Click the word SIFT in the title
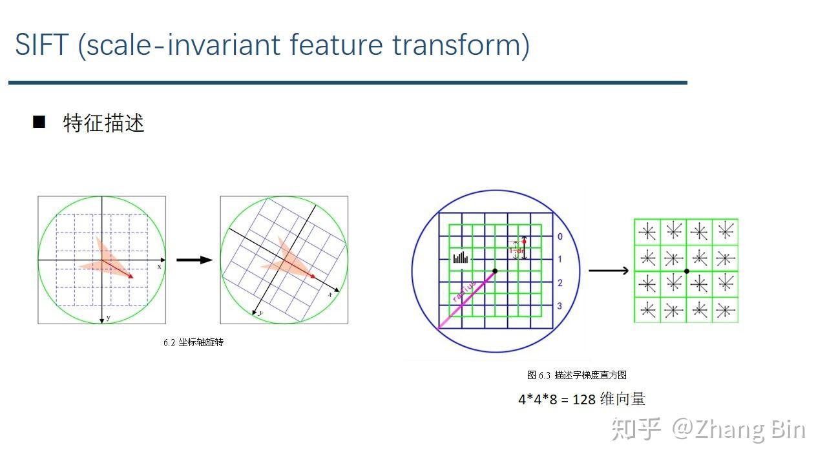click(41, 45)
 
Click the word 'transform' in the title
click(461, 45)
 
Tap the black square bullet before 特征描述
click(39, 121)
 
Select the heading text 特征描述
click(103, 123)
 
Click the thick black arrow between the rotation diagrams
click(194, 260)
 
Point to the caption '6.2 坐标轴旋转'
click(193, 342)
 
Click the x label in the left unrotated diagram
click(159, 266)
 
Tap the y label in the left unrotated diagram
click(108, 317)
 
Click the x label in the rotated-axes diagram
click(330, 294)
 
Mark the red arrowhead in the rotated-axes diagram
click(313, 276)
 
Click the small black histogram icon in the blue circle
click(460, 258)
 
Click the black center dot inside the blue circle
click(495, 271)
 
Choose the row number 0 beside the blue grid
click(560, 236)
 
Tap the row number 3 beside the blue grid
click(560, 305)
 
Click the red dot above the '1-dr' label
click(524, 242)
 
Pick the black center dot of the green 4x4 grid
click(686, 271)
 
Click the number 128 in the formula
click(584, 399)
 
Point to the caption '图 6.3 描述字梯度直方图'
click(577, 375)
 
